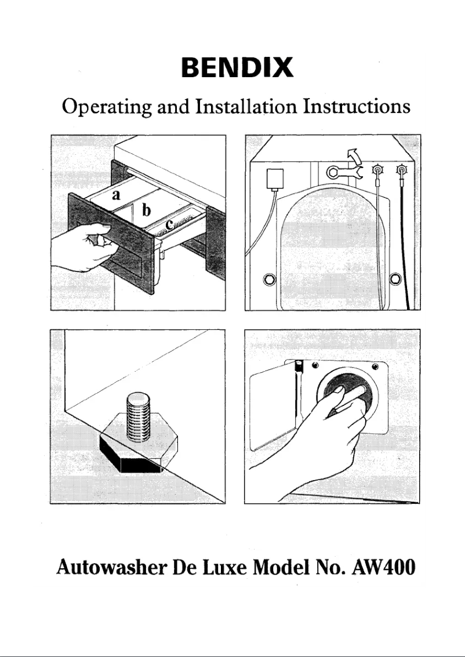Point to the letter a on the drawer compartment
116,195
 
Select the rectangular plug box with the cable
273,179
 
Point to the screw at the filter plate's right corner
375,366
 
